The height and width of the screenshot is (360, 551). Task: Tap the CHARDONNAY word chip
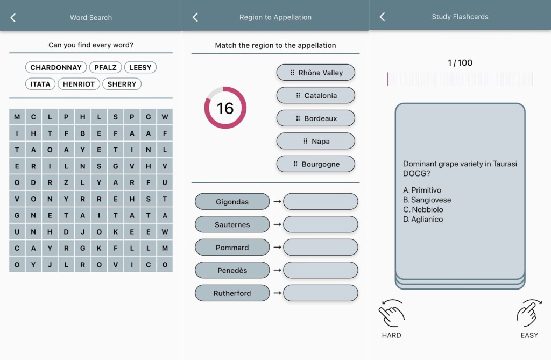tap(56, 67)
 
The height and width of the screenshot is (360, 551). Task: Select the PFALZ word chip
tap(105, 67)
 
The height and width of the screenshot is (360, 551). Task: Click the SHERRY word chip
tap(122, 84)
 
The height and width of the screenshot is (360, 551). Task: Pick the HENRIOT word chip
tap(79, 84)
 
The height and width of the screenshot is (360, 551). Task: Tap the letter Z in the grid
tap(66, 183)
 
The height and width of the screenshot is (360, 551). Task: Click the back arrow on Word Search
tap(13, 18)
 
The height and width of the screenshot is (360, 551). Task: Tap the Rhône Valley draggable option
tap(315, 73)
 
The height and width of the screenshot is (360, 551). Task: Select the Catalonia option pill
tap(315, 95)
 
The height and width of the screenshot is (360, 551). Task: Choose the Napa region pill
tap(315, 141)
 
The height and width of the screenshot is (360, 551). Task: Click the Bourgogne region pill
tap(315, 164)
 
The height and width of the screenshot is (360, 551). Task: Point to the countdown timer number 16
tap(225, 108)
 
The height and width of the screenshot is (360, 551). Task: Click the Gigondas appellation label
tap(232, 202)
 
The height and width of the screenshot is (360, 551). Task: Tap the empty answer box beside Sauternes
tap(321, 224)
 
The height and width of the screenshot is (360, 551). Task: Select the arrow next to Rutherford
tap(277, 293)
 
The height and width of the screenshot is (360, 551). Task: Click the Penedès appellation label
tap(232, 270)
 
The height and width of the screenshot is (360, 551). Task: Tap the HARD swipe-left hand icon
tap(391, 313)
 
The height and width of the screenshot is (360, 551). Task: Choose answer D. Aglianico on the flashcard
tap(423, 220)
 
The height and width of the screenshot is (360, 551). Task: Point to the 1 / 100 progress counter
tap(460, 63)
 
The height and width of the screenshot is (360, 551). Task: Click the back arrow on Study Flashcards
tap(383, 17)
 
